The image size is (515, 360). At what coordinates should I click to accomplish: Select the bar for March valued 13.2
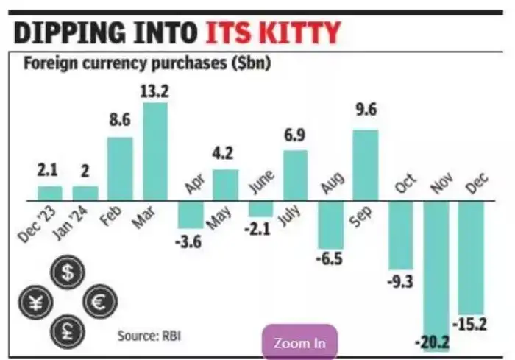[x=155, y=151]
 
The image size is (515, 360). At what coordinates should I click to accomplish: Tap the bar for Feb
[x=120, y=169]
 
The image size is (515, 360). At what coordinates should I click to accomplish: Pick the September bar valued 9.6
[x=366, y=165]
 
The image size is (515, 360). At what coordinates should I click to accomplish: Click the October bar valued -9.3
[x=402, y=236]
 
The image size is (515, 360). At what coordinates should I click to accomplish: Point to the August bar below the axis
[x=330, y=225]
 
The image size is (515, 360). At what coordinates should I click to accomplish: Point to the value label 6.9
[x=296, y=137]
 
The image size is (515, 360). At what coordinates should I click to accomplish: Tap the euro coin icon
[x=99, y=302]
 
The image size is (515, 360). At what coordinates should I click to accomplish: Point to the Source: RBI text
[x=149, y=336]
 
